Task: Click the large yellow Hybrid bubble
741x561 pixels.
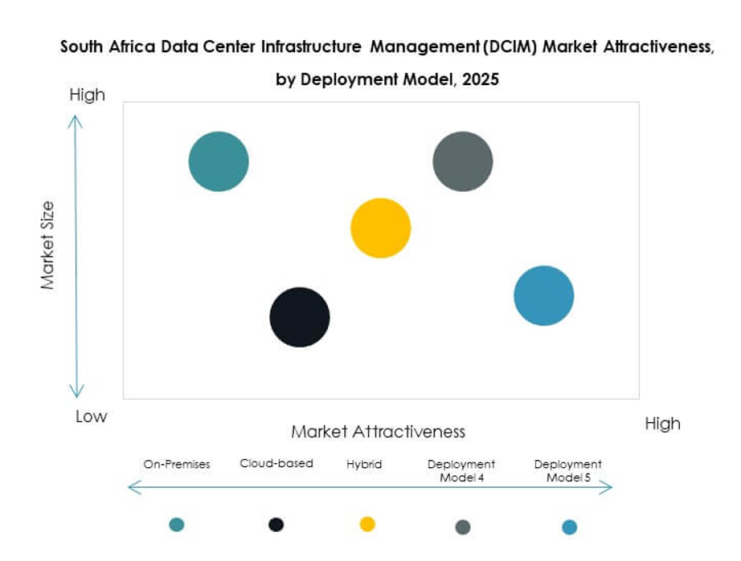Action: (x=381, y=228)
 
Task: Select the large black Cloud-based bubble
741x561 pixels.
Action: (x=299, y=317)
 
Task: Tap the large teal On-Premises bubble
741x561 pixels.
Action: (x=219, y=161)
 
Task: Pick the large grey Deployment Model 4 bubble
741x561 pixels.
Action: (x=463, y=161)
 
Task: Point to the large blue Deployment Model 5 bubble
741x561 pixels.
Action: (x=544, y=295)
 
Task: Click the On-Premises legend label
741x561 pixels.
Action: (x=177, y=464)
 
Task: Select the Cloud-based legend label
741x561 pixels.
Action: (x=276, y=463)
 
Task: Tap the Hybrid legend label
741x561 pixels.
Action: (x=365, y=464)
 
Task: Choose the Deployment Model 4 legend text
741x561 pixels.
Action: (x=461, y=471)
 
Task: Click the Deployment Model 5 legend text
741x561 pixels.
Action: (x=568, y=471)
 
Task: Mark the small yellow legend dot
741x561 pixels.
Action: (x=367, y=524)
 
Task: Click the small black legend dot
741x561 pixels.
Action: (x=276, y=524)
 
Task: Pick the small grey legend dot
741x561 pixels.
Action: (x=463, y=527)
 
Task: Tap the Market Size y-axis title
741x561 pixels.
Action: (x=47, y=246)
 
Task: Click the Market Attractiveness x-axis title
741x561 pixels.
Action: (x=378, y=432)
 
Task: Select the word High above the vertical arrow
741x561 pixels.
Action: (x=87, y=95)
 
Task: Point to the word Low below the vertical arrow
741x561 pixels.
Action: (x=91, y=417)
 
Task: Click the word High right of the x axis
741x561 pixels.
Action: (x=662, y=424)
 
